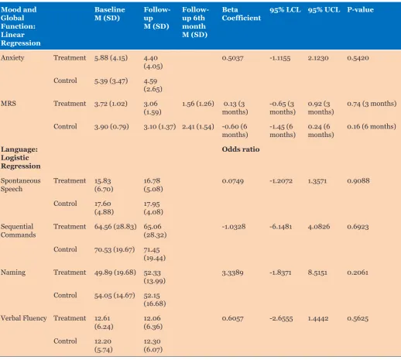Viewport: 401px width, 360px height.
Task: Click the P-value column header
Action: coord(360,10)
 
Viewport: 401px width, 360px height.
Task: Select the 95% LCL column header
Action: coord(285,10)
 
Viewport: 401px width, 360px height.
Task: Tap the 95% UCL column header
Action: coord(324,10)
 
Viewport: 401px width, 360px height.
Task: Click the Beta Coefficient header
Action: coord(242,14)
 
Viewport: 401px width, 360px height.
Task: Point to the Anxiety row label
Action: coord(12,58)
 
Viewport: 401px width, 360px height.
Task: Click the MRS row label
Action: coord(9,104)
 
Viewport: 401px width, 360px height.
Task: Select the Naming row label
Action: coord(13,273)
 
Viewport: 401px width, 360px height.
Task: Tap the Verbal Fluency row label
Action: coord(24,318)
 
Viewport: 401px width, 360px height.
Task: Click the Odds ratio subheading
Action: coord(241,149)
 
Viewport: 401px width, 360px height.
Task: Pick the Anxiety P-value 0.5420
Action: coord(358,58)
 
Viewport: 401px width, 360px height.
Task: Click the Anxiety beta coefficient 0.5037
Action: coord(232,58)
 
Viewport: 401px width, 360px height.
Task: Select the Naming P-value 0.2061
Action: coord(358,273)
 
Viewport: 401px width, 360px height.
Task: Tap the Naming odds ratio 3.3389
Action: coord(232,273)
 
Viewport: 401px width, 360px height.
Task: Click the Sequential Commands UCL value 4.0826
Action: coord(319,227)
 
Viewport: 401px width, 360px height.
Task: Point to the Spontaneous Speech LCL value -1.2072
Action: coord(281,181)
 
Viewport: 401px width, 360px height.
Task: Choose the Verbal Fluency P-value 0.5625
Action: coord(358,318)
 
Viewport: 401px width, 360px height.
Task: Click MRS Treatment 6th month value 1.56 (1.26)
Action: coord(198,104)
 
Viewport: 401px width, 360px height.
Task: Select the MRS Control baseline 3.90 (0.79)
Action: coord(111,127)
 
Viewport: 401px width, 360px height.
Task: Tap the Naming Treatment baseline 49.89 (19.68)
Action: coord(115,273)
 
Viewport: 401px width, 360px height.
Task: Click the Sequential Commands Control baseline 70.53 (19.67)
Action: coord(115,250)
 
